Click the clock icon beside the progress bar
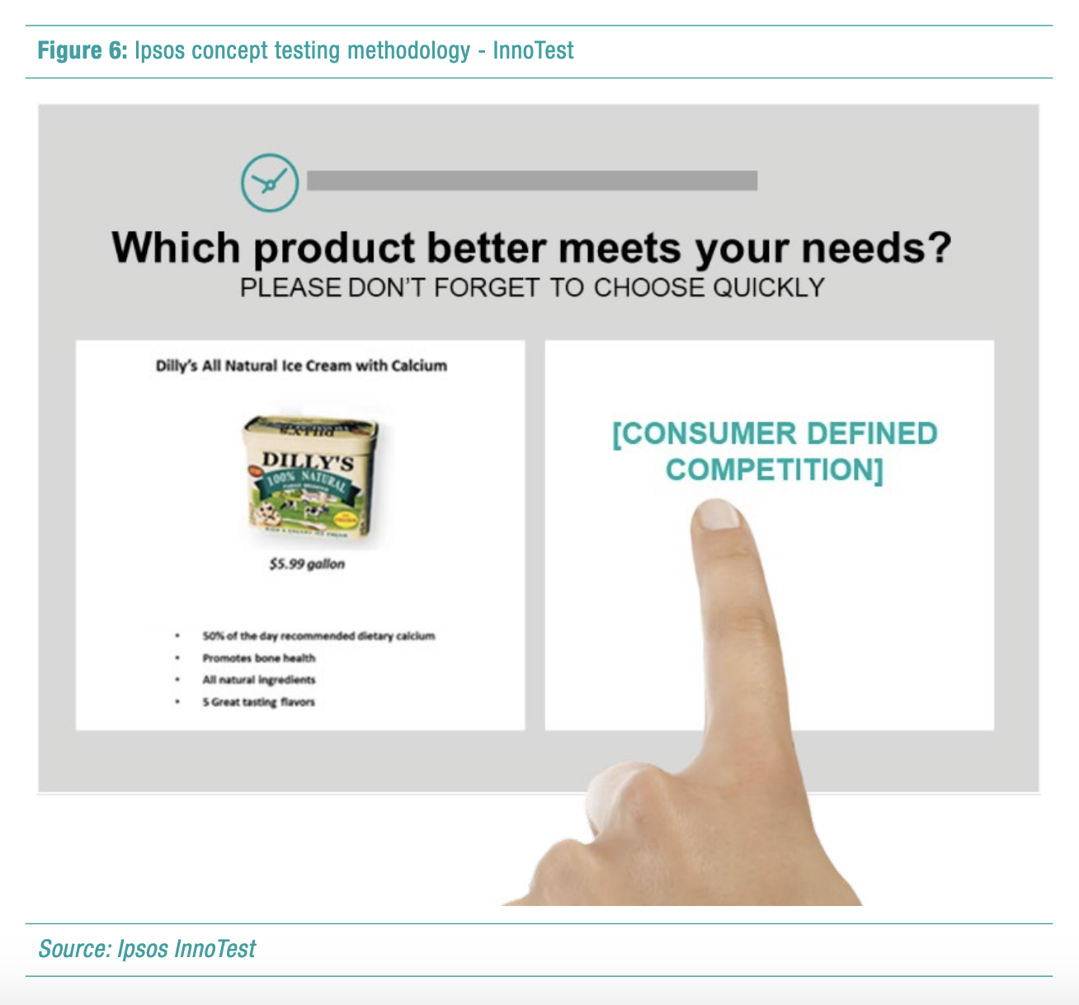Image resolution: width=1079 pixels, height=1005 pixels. coord(269,182)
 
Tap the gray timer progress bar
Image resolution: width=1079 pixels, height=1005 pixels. coord(531,181)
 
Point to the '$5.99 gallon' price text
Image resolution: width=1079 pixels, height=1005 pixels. coord(307,564)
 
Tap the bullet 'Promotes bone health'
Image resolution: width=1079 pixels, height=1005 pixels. coord(258,658)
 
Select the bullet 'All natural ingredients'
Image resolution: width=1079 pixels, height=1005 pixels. coord(258,680)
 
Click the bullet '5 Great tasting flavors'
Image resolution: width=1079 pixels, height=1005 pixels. coord(258,702)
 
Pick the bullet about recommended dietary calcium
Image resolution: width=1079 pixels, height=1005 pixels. coord(318,635)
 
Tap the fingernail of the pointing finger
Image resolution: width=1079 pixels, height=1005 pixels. coord(717,516)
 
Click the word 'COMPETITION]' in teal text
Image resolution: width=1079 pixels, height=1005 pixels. coord(774,469)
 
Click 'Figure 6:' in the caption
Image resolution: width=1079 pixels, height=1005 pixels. coord(82,50)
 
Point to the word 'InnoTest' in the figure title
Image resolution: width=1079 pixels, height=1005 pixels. coord(533,50)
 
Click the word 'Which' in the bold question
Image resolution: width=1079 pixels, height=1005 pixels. coord(176,248)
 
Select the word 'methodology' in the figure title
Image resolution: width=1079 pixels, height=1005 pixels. coord(408,50)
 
